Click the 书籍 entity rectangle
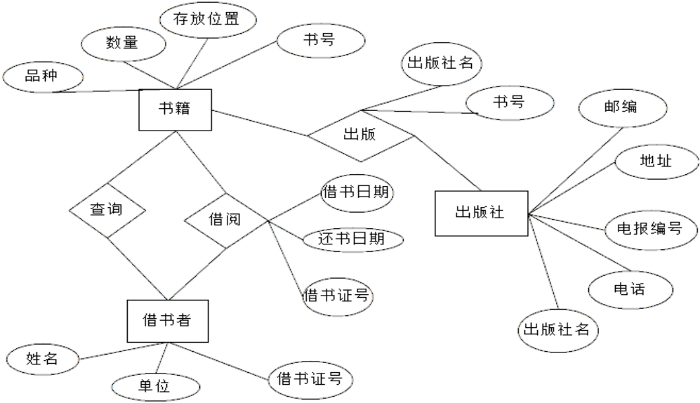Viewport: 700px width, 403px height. (x=176, y=110)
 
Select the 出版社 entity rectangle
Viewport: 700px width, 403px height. (x=480, y=213)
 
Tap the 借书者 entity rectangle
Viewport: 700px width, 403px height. (x=166, y=321)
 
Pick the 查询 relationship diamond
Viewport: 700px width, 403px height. (x=107, y=210)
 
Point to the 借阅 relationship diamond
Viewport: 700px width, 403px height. (x=225, y=219)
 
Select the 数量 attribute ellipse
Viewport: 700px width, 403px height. (x=122, y=44)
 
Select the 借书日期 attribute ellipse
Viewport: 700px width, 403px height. (x=356, y=192)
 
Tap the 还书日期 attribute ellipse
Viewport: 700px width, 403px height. (x=353, y=239)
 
